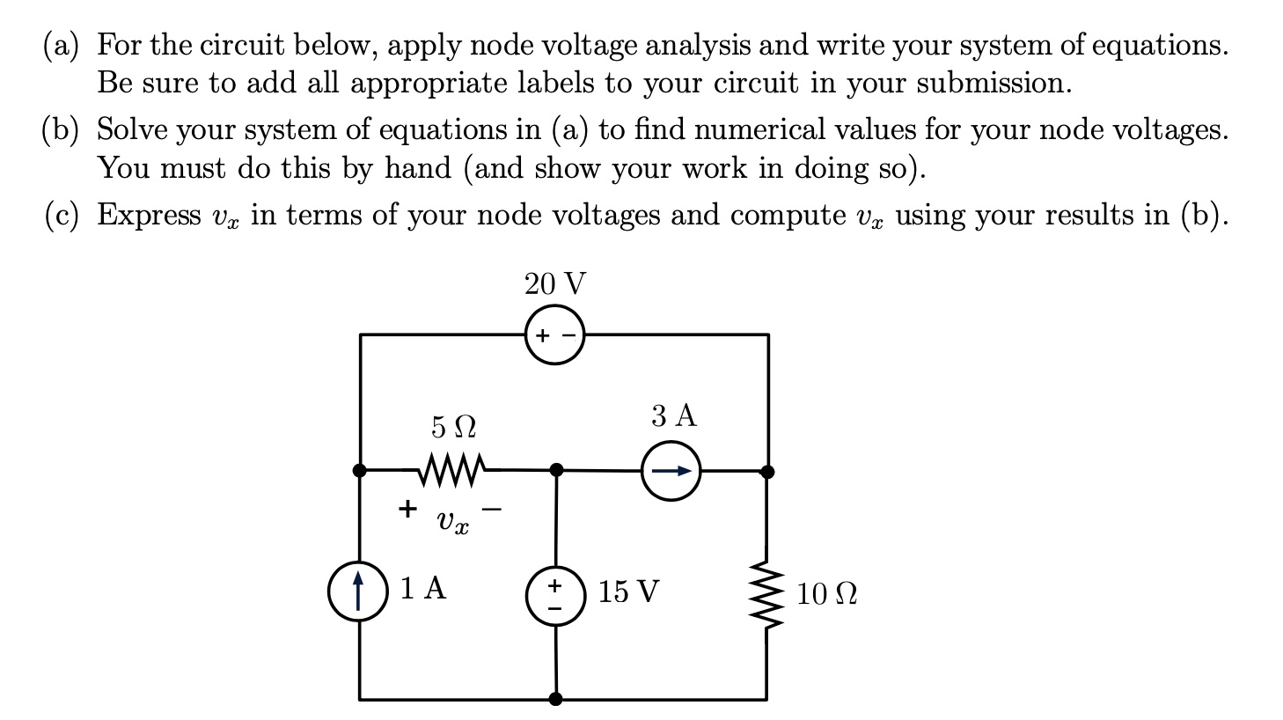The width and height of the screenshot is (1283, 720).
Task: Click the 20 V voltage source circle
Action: tap(554, 334)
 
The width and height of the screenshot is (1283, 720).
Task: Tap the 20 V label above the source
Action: tap(554, 284)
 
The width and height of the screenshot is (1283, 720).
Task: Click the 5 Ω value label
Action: tap(453, 427)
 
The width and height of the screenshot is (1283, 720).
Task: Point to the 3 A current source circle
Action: tap(671, 471)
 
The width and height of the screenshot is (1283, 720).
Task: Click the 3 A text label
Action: tap(674, 415)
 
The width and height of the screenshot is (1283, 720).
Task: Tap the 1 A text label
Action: tap(423, 588)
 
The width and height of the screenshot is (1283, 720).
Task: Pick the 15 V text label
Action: tap(628, 591)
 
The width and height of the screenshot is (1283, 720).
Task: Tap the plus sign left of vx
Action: tap(407, 508)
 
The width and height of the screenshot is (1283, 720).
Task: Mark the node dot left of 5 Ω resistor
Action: tap(359, 470)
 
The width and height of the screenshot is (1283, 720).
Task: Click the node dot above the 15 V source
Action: tap(556, 470)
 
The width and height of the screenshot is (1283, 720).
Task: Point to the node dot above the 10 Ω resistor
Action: tap(767, 472)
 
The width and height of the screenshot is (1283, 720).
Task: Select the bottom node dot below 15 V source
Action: tap(555, 700)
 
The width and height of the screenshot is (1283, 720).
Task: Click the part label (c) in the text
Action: tap(62, 215)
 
